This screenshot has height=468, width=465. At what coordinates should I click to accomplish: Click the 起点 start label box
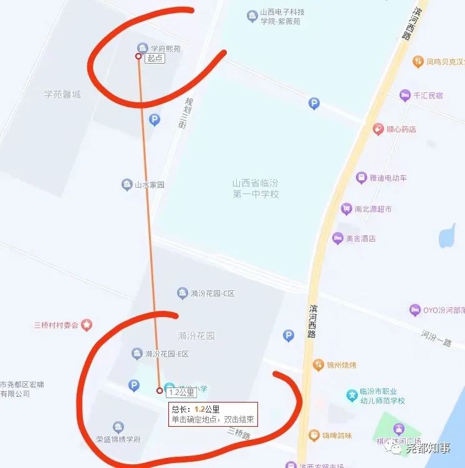point(155,58)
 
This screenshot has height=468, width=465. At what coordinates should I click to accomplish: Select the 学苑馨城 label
point(62,94)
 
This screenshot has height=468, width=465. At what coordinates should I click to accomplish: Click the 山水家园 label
point(150,185)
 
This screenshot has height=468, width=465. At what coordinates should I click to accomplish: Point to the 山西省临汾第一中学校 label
point(256,188)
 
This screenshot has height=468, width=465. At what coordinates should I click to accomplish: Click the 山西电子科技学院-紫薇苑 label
point(280,16)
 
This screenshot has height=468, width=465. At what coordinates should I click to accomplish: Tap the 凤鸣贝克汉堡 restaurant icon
point(418,62)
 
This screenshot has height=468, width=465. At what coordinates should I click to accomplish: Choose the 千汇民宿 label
point(428,95)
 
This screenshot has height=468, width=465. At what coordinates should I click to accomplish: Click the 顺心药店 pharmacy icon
point(378,129)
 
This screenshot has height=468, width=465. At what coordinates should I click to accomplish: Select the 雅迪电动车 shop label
point(388,178)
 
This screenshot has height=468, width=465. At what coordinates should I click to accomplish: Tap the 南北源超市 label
point(373,209)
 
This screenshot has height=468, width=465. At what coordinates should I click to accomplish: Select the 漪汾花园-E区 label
point(166,354)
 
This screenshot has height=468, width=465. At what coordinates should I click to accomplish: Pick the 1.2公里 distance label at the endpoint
point(181,392)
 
